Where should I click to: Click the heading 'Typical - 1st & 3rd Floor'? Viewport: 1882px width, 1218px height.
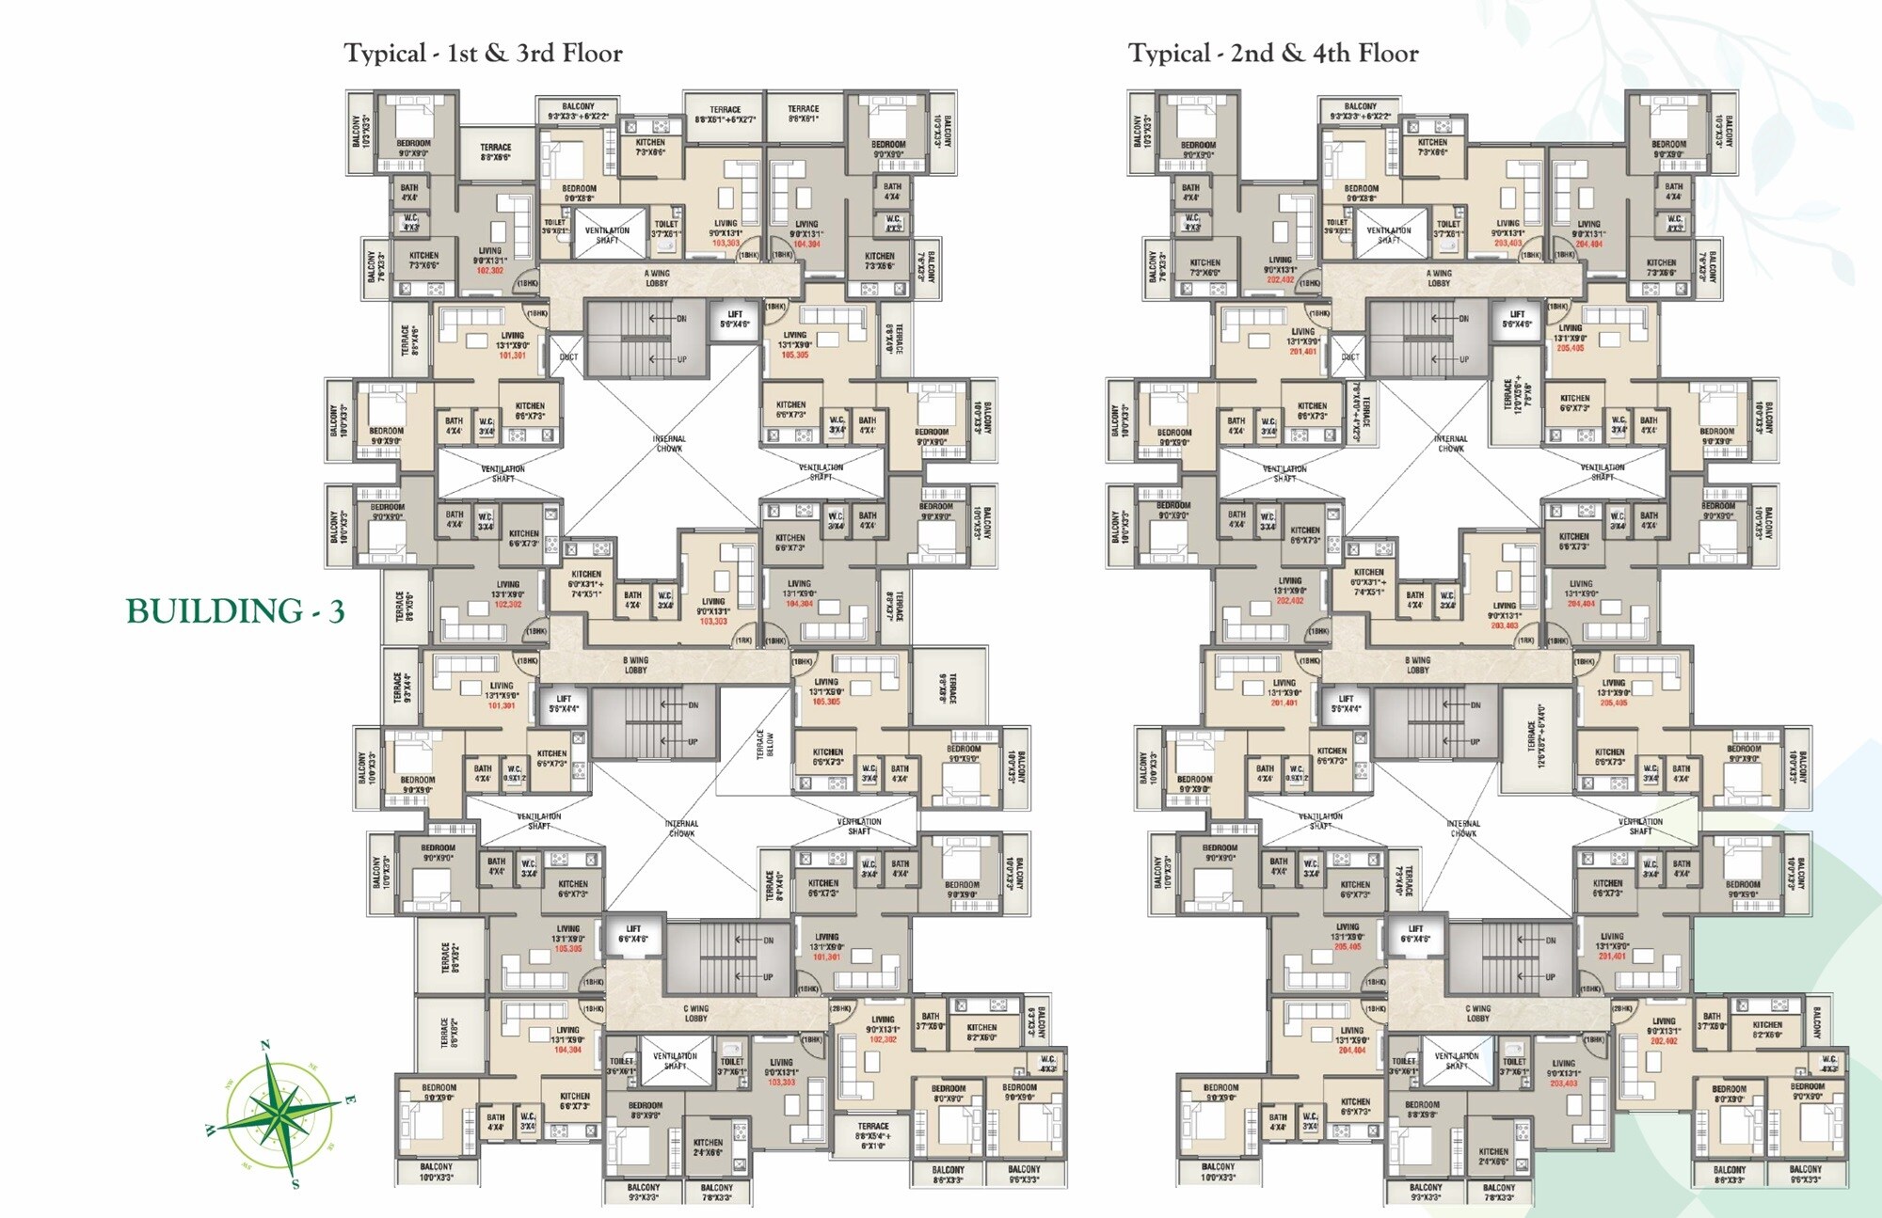[483, 54]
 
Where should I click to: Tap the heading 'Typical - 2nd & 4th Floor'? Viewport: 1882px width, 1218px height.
[1273, 54]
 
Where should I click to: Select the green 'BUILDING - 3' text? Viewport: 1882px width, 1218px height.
[235, 612]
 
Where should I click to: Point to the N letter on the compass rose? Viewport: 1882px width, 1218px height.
[265, 1045]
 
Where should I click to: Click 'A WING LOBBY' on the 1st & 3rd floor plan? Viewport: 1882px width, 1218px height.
[657, 278]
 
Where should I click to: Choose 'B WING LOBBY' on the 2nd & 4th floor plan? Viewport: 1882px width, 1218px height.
[1417, 665]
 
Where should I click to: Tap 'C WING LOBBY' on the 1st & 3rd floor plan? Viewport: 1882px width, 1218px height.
[695, 1013]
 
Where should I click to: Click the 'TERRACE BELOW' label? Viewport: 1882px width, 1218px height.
[766, 744]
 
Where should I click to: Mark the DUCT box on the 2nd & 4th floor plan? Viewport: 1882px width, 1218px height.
[1350, 357]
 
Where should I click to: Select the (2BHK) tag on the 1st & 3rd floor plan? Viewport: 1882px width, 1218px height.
[840, 1008]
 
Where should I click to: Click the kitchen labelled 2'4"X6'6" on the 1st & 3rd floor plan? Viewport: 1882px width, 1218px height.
[708, 1147]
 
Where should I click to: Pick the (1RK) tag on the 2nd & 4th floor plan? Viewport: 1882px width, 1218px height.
[1525, 641]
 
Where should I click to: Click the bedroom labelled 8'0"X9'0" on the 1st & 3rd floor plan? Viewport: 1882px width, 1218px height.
[948, 1093]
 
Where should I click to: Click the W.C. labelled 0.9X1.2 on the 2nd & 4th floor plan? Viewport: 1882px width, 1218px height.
[1297, 773]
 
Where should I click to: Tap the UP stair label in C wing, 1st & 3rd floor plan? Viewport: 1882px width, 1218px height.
[767, 977]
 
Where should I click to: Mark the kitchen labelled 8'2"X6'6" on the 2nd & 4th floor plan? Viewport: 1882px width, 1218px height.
[1766, 1030]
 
